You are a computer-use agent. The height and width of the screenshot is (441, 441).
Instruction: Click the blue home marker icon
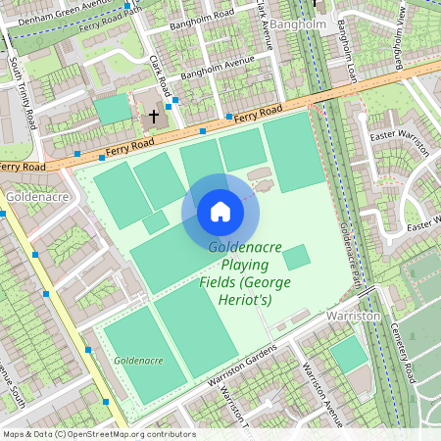(x=220, y=211)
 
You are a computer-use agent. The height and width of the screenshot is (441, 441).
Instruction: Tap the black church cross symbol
(x=153, y=116)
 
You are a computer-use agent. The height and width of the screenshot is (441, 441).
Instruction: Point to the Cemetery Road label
(x=404, y=353)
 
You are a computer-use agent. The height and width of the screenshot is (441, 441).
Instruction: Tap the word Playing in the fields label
(x=244, y=265)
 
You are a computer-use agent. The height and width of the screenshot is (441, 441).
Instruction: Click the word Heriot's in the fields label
(x=251, y=298)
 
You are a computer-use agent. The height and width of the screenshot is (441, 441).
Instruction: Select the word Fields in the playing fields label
(x=219, y=281)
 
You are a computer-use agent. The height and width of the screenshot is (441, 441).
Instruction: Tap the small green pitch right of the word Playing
(x=296, y=258)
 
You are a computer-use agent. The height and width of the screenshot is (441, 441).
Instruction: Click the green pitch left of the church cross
(x=114, y=109)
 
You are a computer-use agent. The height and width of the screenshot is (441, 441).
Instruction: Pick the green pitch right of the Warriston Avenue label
(x=349, y=355)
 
